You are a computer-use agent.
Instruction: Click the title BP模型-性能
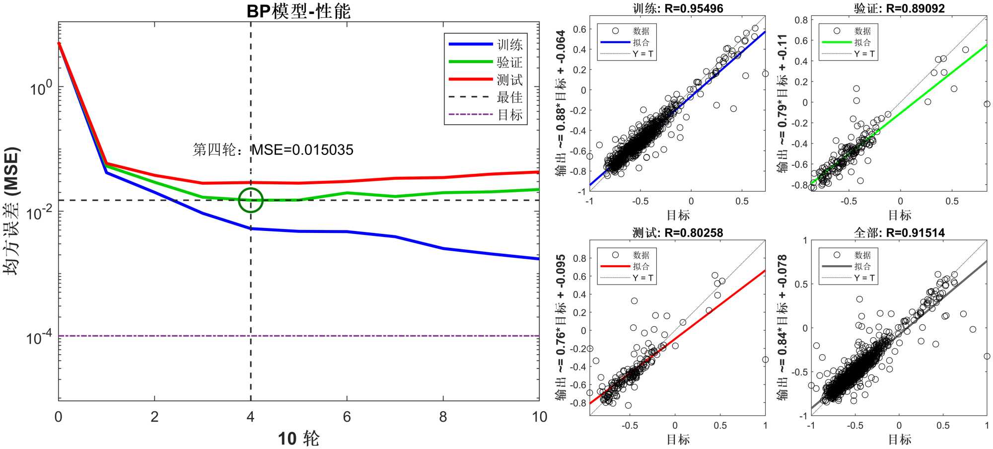point(298,11)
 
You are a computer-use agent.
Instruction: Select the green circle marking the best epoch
point(251,200)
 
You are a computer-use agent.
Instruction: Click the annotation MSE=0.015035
point(302,150)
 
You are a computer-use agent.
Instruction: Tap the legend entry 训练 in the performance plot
point(509,45)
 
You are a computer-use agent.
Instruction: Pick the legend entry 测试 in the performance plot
point(509,79)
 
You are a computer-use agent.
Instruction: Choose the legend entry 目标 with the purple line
point(509,115)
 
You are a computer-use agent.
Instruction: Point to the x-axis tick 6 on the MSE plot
point(347,417)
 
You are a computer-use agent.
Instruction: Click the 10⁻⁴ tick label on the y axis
point(39,338)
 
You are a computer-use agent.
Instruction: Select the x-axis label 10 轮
point(298,439)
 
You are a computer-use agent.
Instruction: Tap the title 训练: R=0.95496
point(678,8)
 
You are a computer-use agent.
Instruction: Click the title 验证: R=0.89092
point(899,8)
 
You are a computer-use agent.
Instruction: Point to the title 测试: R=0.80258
point(678,232)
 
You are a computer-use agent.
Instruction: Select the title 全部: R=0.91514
point(899,232)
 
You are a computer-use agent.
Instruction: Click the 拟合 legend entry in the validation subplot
point(862,42)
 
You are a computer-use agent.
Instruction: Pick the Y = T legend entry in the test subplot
point(642,278)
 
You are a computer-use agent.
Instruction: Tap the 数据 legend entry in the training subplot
point(641,31)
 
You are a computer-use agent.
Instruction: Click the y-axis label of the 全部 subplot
point(782,328)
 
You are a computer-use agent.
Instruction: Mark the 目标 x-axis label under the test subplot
point(678,439)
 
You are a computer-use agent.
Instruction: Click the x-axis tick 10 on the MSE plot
point(539,417)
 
